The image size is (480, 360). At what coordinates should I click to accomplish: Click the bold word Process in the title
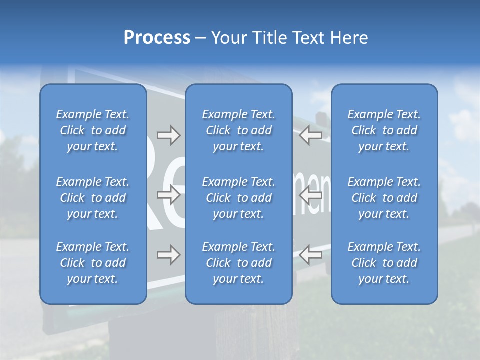pyautogui.click(x=157, y=38)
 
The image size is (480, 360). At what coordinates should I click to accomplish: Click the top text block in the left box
pyautogui.click(x=93, y=130)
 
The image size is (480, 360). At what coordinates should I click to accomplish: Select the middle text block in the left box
pyautogui.click(x=93, y=198)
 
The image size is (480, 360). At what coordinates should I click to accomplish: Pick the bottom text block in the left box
pyautogui.click(x=93, y=263)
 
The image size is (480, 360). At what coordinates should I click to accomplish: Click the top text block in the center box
pyautogui.click(x=239, y=130)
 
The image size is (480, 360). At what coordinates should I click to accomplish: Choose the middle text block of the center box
pyautogui.click(x=239, y=198)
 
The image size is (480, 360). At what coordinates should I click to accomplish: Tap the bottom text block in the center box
pyautogui.click(x=239, y=263)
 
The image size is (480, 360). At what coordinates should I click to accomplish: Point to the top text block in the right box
pyautogui.click(x=384, y=130)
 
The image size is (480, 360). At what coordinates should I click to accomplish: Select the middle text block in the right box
pyautogui.click(x=384, y=198)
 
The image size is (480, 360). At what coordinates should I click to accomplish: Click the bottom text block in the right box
pyautogui.click(x=384, y=263)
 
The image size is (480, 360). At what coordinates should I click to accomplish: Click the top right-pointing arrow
pyautogui.click(x=168, y=135)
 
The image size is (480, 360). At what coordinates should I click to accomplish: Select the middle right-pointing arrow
pyautogui.click(x=168, y=195)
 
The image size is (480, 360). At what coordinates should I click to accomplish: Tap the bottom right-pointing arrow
pyautogui.click(x=168, y=255)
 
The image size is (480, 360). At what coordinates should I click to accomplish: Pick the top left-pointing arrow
pyautogui.click(x=311, y=135)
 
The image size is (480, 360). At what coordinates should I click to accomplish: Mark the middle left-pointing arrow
pyautogui.click(x=311, y=195)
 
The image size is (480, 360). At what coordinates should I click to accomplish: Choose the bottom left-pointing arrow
pyautogui.click(x=311, y=255)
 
